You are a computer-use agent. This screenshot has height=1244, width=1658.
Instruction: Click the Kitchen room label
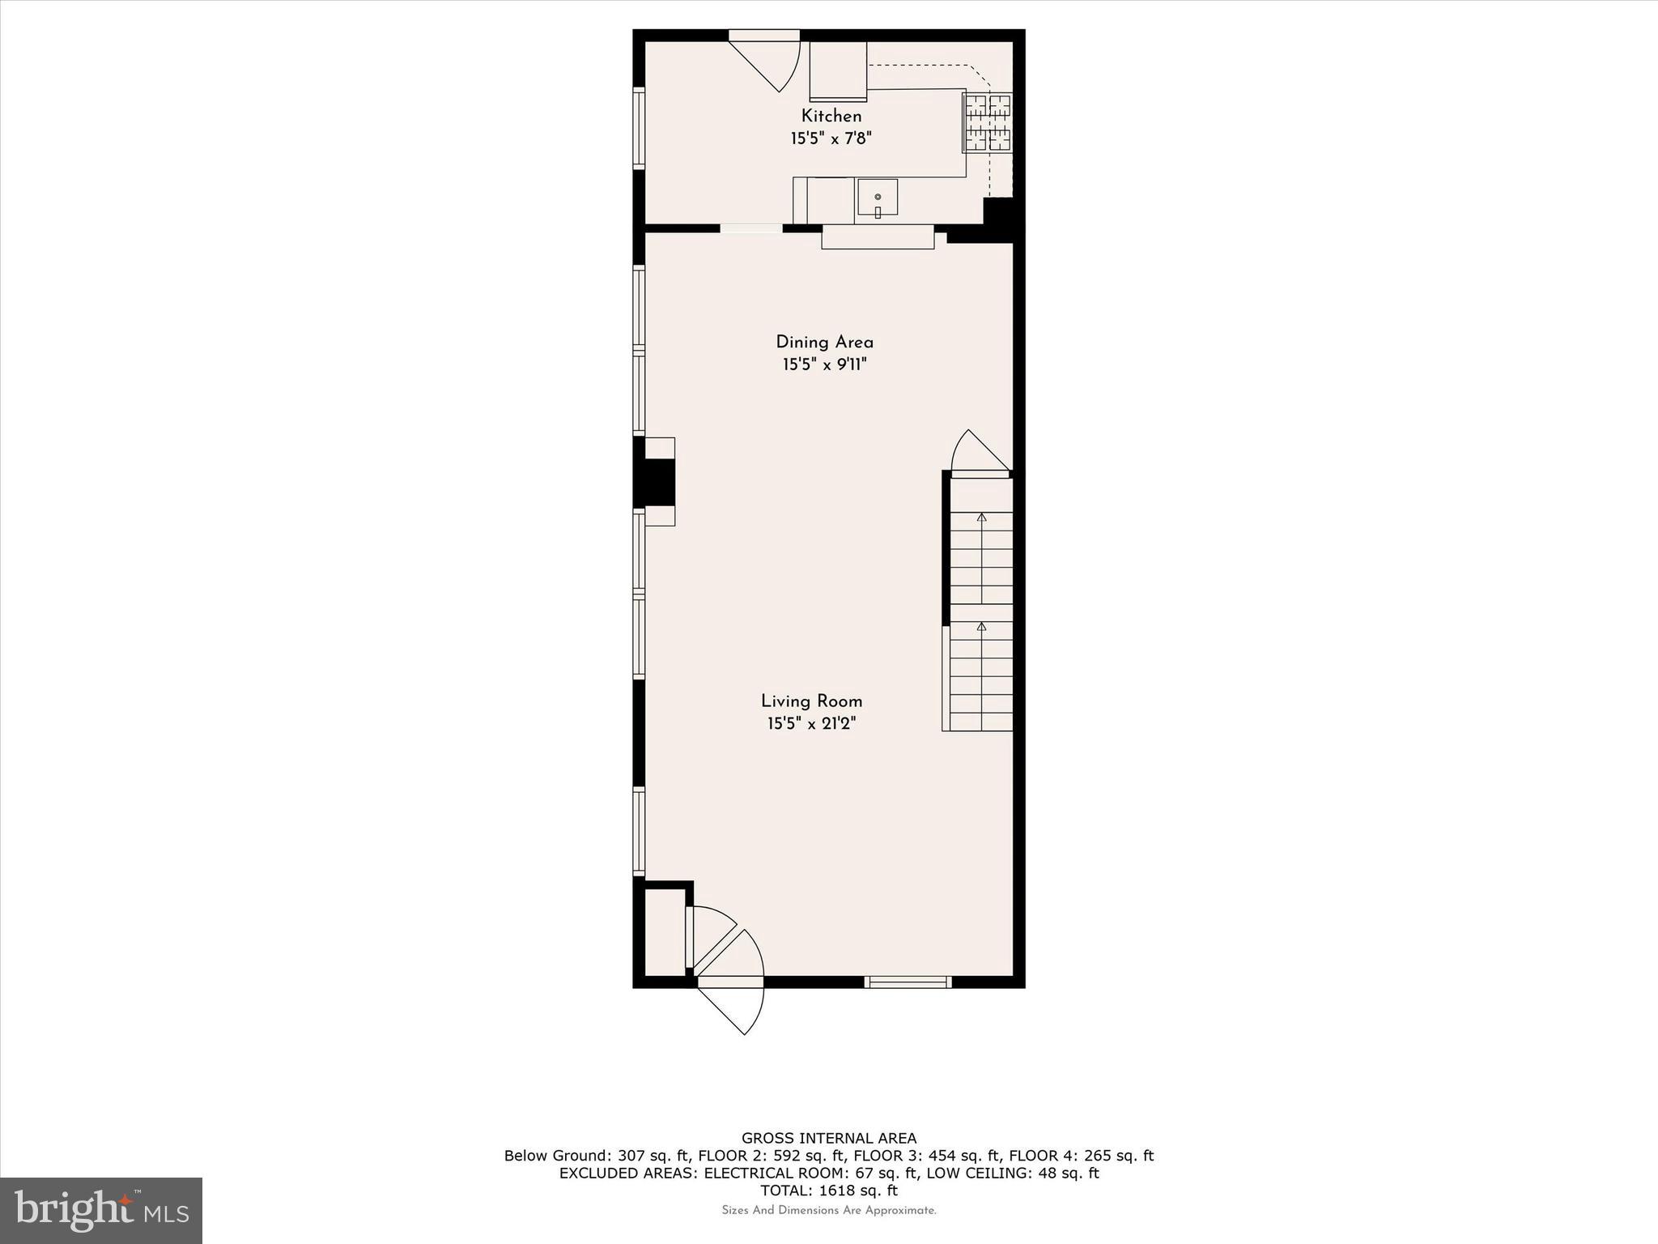tap(831, 116)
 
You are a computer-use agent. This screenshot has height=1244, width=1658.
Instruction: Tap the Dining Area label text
tap(824, 342)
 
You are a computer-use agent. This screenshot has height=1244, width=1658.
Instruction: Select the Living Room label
tap(811, 701)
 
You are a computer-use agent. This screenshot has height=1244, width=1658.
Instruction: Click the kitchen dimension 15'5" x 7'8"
tap(831, 138)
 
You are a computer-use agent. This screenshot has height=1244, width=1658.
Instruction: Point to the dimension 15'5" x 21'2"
tap(811, 723)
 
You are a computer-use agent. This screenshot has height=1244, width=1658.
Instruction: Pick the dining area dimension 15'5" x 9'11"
tap(824, 364)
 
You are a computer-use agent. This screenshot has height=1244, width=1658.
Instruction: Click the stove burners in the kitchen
tap(987, 123)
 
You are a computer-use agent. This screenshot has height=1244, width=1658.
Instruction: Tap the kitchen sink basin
tap(878, 198)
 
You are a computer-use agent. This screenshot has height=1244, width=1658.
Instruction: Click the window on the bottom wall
tap(908, 982)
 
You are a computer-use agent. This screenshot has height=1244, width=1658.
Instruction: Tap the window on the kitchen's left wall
tap(639, 128)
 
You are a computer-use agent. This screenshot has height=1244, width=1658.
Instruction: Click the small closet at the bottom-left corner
tap(665, 931)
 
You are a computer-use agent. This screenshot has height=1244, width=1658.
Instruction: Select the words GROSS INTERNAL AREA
tap(829, 1139)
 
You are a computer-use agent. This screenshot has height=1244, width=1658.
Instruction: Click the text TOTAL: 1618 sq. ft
tap(829, 1191)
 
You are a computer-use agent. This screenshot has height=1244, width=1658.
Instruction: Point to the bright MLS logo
tap(101, 1210)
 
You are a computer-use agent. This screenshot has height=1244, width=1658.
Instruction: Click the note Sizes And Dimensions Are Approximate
tap(829, 1211)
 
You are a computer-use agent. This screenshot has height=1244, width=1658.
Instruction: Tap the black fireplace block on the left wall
tap(653, 483)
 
